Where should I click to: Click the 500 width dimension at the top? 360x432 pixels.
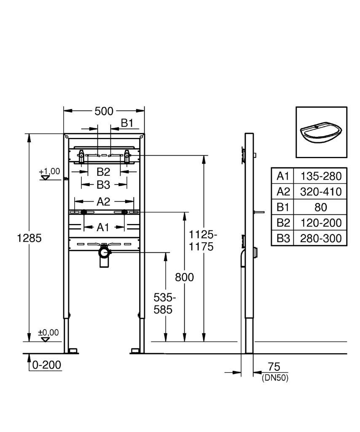point(104,111)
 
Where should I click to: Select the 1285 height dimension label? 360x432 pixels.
point(29,238)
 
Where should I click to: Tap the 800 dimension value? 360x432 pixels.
point(184,277)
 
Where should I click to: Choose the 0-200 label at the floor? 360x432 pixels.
point(46,365)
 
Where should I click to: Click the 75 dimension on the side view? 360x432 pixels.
point(274,367)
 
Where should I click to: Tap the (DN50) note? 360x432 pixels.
point(275,378)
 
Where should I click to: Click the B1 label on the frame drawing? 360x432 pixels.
point(127,123)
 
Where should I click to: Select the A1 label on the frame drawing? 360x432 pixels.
point(103,227)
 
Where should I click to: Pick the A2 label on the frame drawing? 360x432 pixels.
point(103,202)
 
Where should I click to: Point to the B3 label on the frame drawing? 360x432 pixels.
point(103,185)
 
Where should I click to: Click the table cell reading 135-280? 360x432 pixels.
point(321,176)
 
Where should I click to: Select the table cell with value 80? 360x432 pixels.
point(321,207)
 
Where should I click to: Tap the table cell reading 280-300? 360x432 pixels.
point(321,238)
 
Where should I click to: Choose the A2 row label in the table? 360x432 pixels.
point(283,192)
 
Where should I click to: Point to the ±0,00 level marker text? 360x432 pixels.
point(48,333)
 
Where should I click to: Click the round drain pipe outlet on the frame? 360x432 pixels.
point(104,252)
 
